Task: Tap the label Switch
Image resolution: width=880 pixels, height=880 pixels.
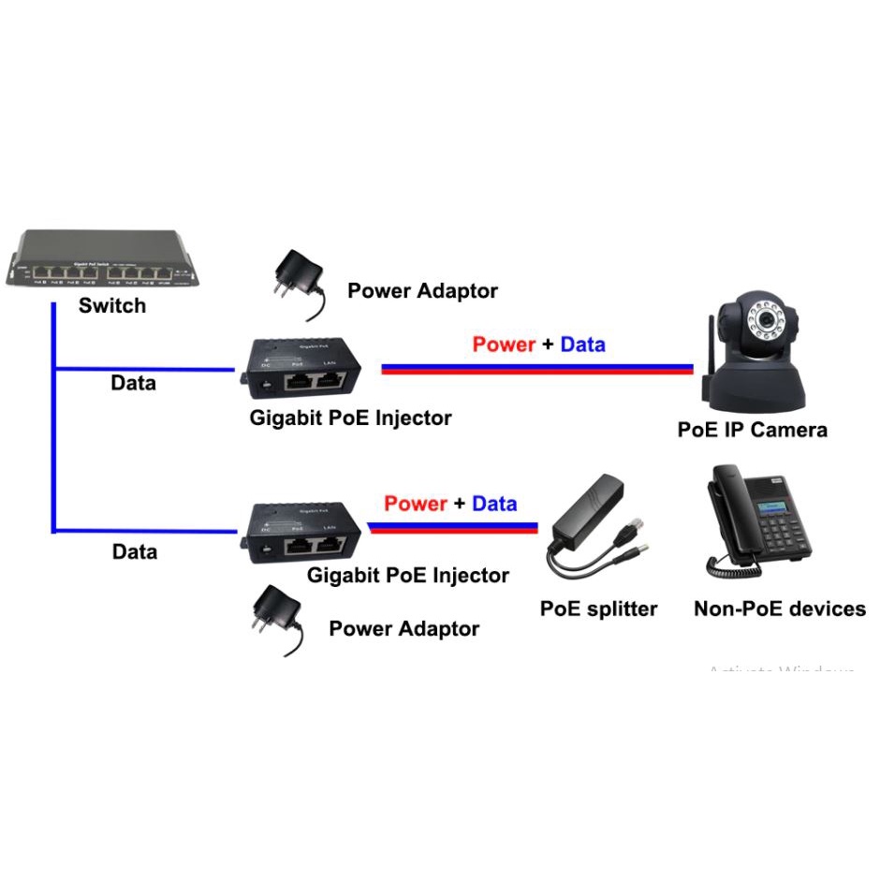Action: [x=112, y=305]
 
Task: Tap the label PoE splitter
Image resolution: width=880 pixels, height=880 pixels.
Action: [x=599, y=609]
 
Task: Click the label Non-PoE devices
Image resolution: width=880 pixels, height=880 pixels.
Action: [x=780, y=609]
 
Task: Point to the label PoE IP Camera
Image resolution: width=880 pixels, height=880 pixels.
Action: [x=753, y=430]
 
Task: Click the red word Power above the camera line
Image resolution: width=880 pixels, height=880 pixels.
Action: [x=504, y=345]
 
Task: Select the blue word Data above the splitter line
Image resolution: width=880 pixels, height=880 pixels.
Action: [x=494, y=504]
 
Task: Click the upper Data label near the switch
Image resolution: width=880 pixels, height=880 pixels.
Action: [x=134, y=383]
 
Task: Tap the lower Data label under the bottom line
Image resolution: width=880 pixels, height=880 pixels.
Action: [x=134, y=551]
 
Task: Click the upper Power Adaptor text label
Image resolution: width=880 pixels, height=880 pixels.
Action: [x=422, y=291]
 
